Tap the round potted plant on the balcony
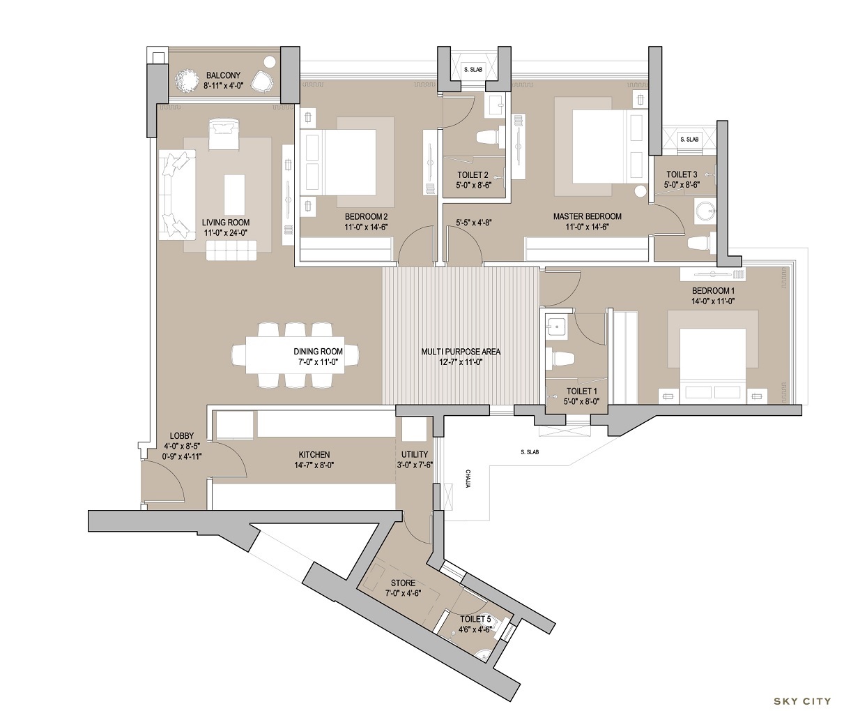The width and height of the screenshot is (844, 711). point(187,79)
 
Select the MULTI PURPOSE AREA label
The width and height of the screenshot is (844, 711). point(461,352)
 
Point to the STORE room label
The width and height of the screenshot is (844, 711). point(403,583)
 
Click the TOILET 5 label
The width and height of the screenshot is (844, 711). point(475,618)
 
